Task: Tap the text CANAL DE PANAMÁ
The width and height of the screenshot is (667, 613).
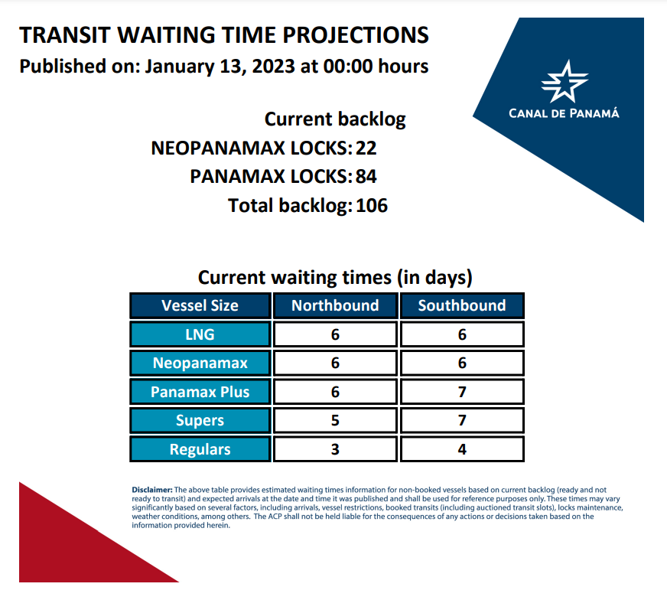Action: (x=564, y=113)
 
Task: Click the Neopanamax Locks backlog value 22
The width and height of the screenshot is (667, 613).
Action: (x=366, y=148)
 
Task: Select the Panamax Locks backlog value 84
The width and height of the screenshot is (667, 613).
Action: (x=366, y=177)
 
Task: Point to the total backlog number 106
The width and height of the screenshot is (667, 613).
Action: (x=371, y=206)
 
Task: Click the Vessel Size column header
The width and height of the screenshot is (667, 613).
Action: (x=200, y=305)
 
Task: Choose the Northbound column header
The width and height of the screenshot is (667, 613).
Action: (x=335, y=305)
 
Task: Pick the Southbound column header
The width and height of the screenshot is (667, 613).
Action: (x=462, y=305)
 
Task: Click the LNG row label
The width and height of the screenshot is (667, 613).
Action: (x=200, y=334)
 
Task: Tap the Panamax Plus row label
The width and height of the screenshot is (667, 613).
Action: (x=200, y=392)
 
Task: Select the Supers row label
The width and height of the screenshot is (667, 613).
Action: (x=200, y=420)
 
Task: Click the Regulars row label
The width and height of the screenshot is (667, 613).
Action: (x=200, y=449)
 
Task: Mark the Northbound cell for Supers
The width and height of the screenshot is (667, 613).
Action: (x=335, y=420)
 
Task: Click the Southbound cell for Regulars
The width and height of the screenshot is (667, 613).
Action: (x=462, y=449)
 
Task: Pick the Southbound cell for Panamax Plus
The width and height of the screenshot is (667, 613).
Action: (x=462, y=392)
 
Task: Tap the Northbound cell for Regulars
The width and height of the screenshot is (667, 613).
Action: (x=335, y=449)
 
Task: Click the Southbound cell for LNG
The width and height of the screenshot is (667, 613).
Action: (x=462, y=334)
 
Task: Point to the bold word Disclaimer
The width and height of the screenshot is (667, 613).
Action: (x=152, y=490)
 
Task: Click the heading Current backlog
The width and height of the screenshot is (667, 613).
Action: (x=335, y=119)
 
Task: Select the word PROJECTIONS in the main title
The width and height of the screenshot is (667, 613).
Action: (x=356, y=35)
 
